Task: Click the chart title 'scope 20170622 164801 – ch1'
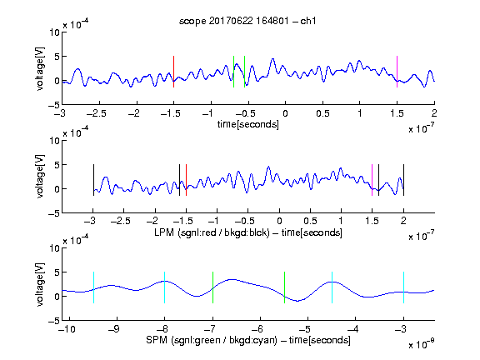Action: point(247,21)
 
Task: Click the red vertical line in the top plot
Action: point(173,72)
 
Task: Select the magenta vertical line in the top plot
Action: point(397,72)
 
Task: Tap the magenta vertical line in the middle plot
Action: point(372,180)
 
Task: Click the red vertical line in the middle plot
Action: point(186,180)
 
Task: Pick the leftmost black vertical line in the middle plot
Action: point(93,180)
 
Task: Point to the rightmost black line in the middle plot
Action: point(404,180)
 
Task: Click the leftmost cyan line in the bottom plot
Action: point(93,287)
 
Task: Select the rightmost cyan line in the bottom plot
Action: point(404,287)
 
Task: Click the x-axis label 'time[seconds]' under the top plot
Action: point(248,125)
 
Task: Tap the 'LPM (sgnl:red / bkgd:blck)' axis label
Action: point(212,232)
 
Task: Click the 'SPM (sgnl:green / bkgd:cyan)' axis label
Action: point(212,340)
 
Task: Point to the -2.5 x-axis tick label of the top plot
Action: point(97,113)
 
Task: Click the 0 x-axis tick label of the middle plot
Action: point(279,221)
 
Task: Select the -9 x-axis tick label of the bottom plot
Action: point(114,329)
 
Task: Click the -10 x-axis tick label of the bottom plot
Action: point(67,329)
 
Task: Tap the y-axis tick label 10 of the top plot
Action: point(54,32)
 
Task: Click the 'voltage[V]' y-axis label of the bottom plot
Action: point(40,284)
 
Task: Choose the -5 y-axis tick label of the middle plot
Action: point(54,213)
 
